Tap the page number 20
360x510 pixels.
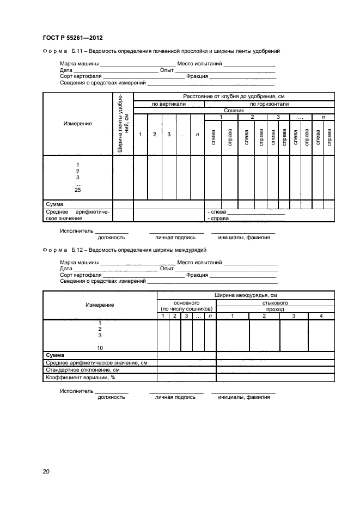click(x=46, y=472)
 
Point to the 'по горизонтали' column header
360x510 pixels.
click(x=269, y=104)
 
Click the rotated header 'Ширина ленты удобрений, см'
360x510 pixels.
click(x=123, y=124)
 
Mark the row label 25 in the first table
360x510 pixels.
click(x=77, y=190)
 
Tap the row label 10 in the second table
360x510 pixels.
click(x=100, y=348)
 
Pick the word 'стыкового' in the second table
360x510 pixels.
click(x=275, y=302)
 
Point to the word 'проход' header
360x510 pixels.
click(x=275, y=309)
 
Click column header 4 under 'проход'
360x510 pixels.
click(x=321, y=316)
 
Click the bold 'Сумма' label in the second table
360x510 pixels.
click(x=56, y=355)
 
